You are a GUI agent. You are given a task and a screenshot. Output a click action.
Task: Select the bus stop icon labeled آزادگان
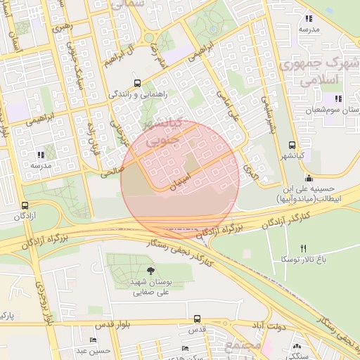tap(25, 206)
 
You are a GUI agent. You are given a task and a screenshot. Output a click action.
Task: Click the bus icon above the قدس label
tap(197, 319)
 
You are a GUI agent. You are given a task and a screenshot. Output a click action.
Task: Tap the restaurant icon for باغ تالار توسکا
tap(304, 248)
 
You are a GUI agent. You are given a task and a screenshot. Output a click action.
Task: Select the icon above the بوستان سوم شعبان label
tap(338, 98)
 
